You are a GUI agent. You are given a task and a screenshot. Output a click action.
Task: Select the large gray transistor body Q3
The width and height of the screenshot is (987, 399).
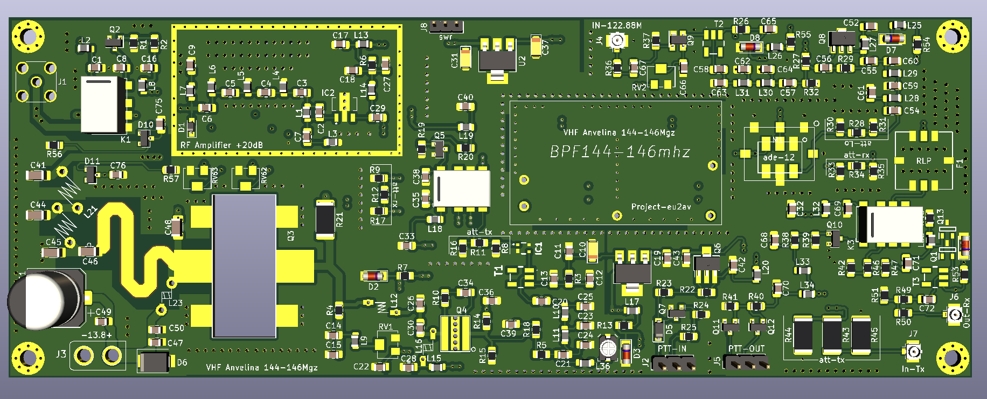244,266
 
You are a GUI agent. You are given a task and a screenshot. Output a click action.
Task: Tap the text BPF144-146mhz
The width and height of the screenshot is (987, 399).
620,152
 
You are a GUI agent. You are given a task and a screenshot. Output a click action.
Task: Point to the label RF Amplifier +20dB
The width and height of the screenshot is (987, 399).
221,145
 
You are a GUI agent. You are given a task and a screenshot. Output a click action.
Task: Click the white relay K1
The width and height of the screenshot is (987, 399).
103,104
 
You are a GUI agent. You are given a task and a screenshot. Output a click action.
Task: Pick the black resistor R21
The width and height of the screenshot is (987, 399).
325,219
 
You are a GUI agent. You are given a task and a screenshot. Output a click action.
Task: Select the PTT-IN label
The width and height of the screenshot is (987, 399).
672,349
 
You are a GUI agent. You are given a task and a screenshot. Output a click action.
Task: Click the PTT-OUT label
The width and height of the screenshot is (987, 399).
746,349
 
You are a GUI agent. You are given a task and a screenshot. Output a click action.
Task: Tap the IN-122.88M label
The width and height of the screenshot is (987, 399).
616,25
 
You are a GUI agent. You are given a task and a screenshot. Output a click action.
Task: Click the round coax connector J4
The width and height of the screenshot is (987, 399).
617,40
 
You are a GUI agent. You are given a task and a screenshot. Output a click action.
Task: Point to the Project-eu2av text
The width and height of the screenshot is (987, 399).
661,207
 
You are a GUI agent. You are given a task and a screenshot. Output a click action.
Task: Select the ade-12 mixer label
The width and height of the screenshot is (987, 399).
779,157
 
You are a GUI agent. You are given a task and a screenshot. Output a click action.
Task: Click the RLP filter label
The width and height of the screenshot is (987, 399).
923,161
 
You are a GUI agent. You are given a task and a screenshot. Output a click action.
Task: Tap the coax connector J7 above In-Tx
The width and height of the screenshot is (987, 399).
913,352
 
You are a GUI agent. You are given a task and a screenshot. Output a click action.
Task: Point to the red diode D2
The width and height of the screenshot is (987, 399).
373,276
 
